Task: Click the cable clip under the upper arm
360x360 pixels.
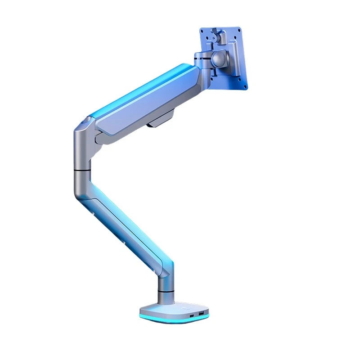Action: (161, 121)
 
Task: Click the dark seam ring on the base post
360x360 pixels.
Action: (166, 293)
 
